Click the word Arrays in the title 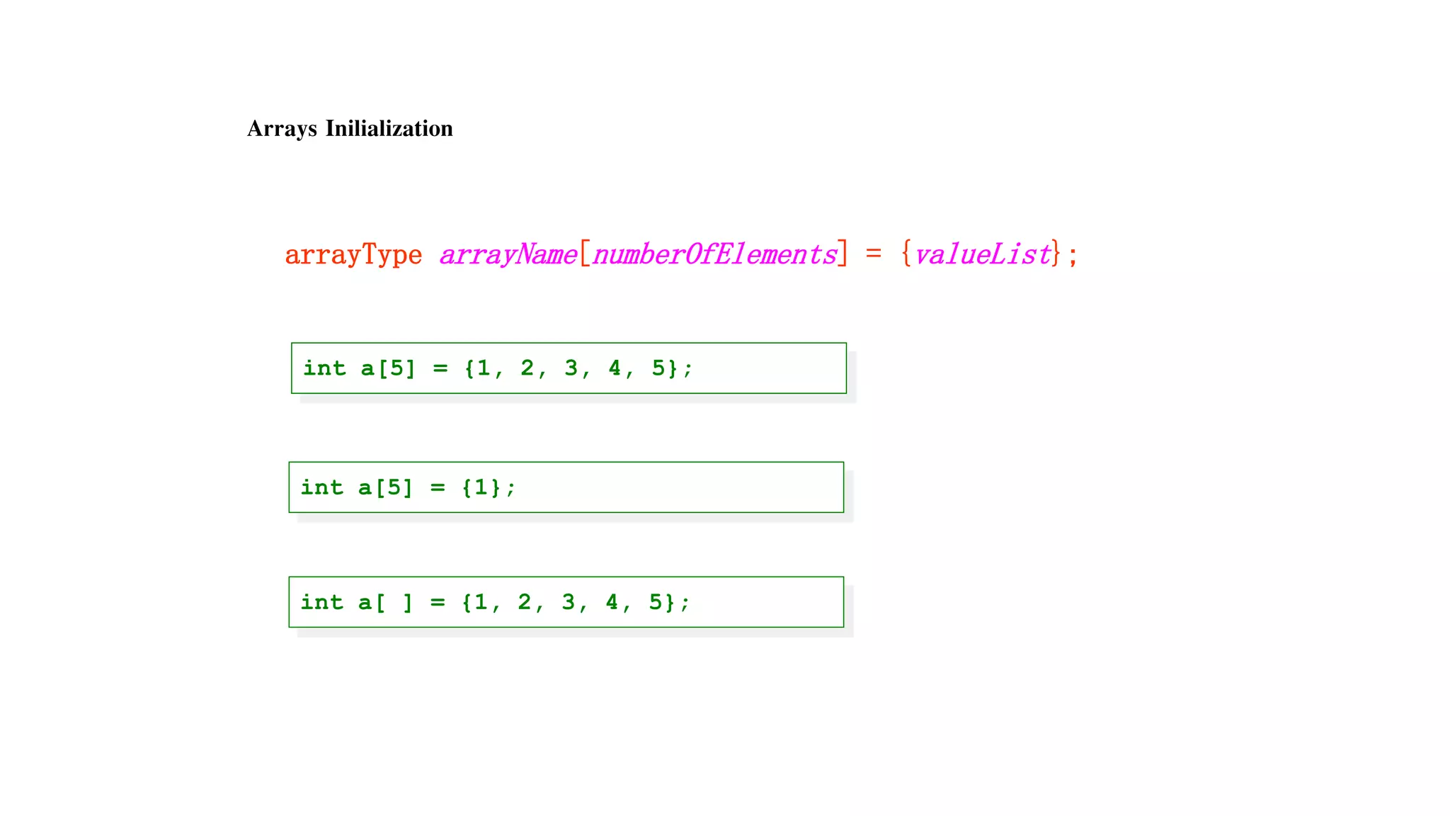coord(282,129)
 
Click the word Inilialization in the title coord(389,129)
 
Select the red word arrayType coord(353,254)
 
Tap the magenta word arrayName coord(508,254)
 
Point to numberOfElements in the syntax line coord(714,254)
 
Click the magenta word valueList coord(981,254)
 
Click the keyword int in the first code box coord(324,368)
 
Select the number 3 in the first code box coord(571,368)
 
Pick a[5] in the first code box coord(387,368)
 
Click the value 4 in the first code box coord(614,368)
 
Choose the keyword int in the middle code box coord(321,487)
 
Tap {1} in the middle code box coord(481,487)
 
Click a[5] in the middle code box coord(384,487)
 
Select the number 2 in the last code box coord(524,602)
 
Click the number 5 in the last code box coord(656,602)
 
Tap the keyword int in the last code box coord(321,602)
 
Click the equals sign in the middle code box coord(438,487)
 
